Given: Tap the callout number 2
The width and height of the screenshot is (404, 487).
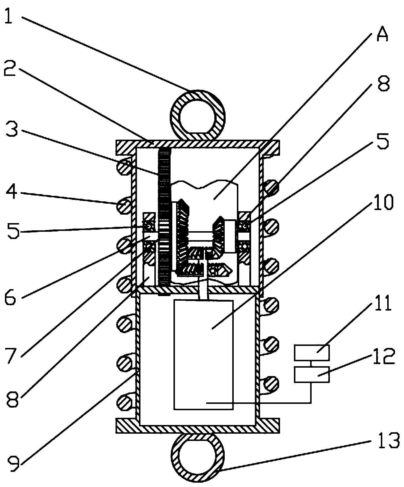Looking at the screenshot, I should [x=9, y=67].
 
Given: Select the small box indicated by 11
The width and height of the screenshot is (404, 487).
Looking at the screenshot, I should [x=312, y=353].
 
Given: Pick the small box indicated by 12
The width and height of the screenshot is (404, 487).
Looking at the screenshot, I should [x=312, y=374].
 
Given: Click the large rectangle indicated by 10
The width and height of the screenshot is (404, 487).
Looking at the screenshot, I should [x=203, y=355].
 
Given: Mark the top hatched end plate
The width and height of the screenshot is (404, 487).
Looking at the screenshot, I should [x=198, y=144].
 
